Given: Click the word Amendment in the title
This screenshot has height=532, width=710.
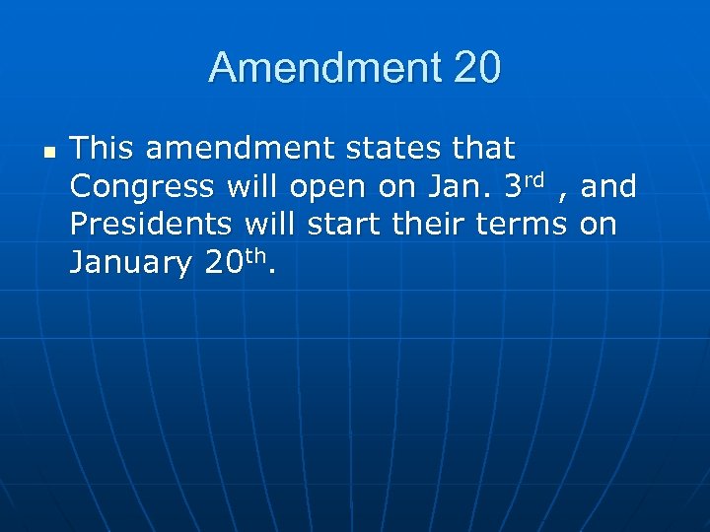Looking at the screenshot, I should tap(325, 68).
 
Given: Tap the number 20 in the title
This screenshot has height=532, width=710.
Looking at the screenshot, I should tap(477, 68).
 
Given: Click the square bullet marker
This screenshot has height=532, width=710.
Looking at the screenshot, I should tap(48, 153).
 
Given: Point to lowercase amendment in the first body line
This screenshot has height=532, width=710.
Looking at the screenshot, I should tap(242, 149).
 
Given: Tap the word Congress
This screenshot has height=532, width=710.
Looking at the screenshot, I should tap(142, 186).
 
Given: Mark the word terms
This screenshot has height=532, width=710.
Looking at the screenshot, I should tap(522, 224).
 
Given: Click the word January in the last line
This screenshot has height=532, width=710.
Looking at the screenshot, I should tap(131, 263).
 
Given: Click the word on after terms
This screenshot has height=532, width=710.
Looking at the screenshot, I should tap(598, 225).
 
